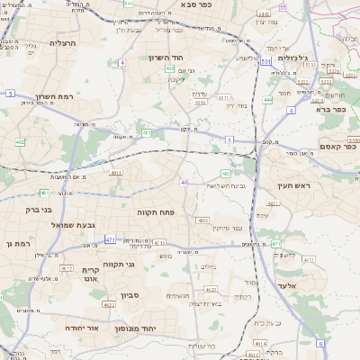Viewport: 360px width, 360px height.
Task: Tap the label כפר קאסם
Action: [334, 146]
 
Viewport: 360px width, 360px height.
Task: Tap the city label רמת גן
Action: [16, 244]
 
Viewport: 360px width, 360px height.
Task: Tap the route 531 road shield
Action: [266, 61]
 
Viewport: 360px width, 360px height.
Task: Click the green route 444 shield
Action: [269, 100]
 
